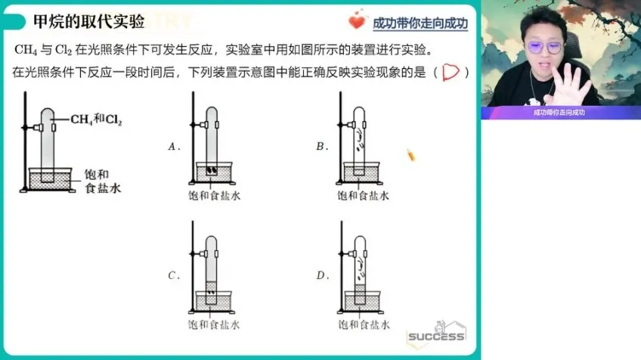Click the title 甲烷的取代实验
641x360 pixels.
pos(88,20)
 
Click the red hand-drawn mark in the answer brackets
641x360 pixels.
pos(451,73)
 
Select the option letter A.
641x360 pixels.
pos(173,147)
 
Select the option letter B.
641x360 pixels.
pos(320,147)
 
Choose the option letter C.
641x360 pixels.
pos(173,275)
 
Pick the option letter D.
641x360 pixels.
pos(320,275)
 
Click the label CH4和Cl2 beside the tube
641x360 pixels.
pos(98,119)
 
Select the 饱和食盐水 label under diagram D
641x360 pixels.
pos(363,324)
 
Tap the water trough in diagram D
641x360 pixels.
pos(361,301)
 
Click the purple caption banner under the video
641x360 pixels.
pos(559,112)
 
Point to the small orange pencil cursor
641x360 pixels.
pos(411,155)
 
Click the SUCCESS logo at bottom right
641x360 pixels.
pos(436,335)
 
